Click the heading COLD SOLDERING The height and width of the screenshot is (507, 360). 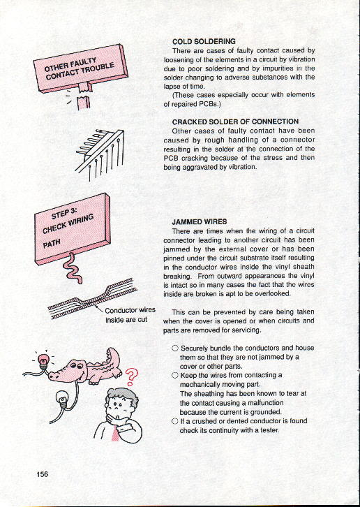pos(204,41)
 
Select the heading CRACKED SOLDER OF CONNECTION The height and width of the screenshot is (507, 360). pos(235,122)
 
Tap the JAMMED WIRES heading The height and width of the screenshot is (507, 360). pos(200,222)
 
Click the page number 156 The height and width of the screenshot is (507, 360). pos(43,474)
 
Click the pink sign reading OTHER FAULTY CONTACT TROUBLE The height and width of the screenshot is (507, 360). pos(81,68)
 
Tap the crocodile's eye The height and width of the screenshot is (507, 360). pos(74,365)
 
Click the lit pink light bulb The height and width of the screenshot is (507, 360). pos(43,360)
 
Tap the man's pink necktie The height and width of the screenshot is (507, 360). pos(115,432)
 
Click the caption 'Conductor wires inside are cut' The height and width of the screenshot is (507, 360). pos(130,315)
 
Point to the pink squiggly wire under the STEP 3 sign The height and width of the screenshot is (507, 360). pos(70,268)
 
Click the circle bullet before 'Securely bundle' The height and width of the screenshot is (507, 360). pos(176,348)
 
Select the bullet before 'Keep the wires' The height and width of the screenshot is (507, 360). pos(176,376)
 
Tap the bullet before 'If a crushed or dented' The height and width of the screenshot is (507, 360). pos(176,421)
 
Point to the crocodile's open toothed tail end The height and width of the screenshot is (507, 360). pos(112,355)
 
